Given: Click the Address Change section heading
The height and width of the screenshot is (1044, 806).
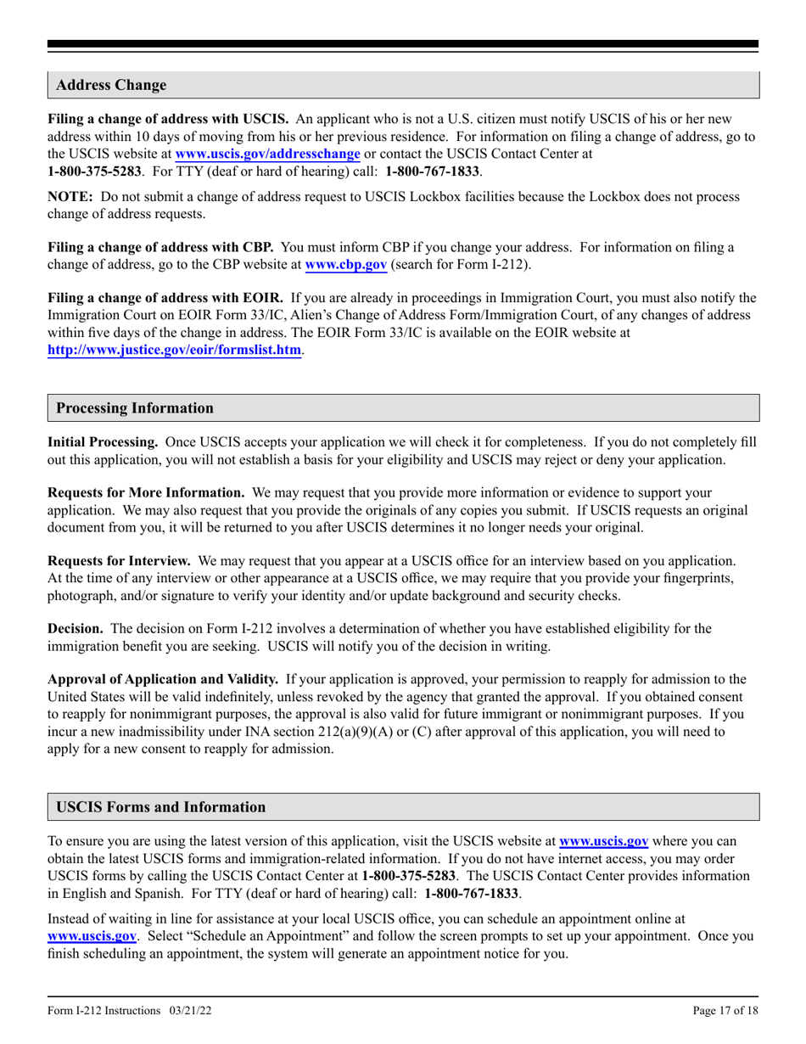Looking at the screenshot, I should tap(111, 85).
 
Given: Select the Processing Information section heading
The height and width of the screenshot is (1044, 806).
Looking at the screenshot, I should tap(134, 407).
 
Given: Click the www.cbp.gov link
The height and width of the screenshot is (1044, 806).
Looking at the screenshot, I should tap(345, 265).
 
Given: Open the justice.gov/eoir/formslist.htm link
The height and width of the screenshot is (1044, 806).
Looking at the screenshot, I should tap(174, 350).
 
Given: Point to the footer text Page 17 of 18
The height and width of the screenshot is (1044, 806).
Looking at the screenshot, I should tap(725, 1010).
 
